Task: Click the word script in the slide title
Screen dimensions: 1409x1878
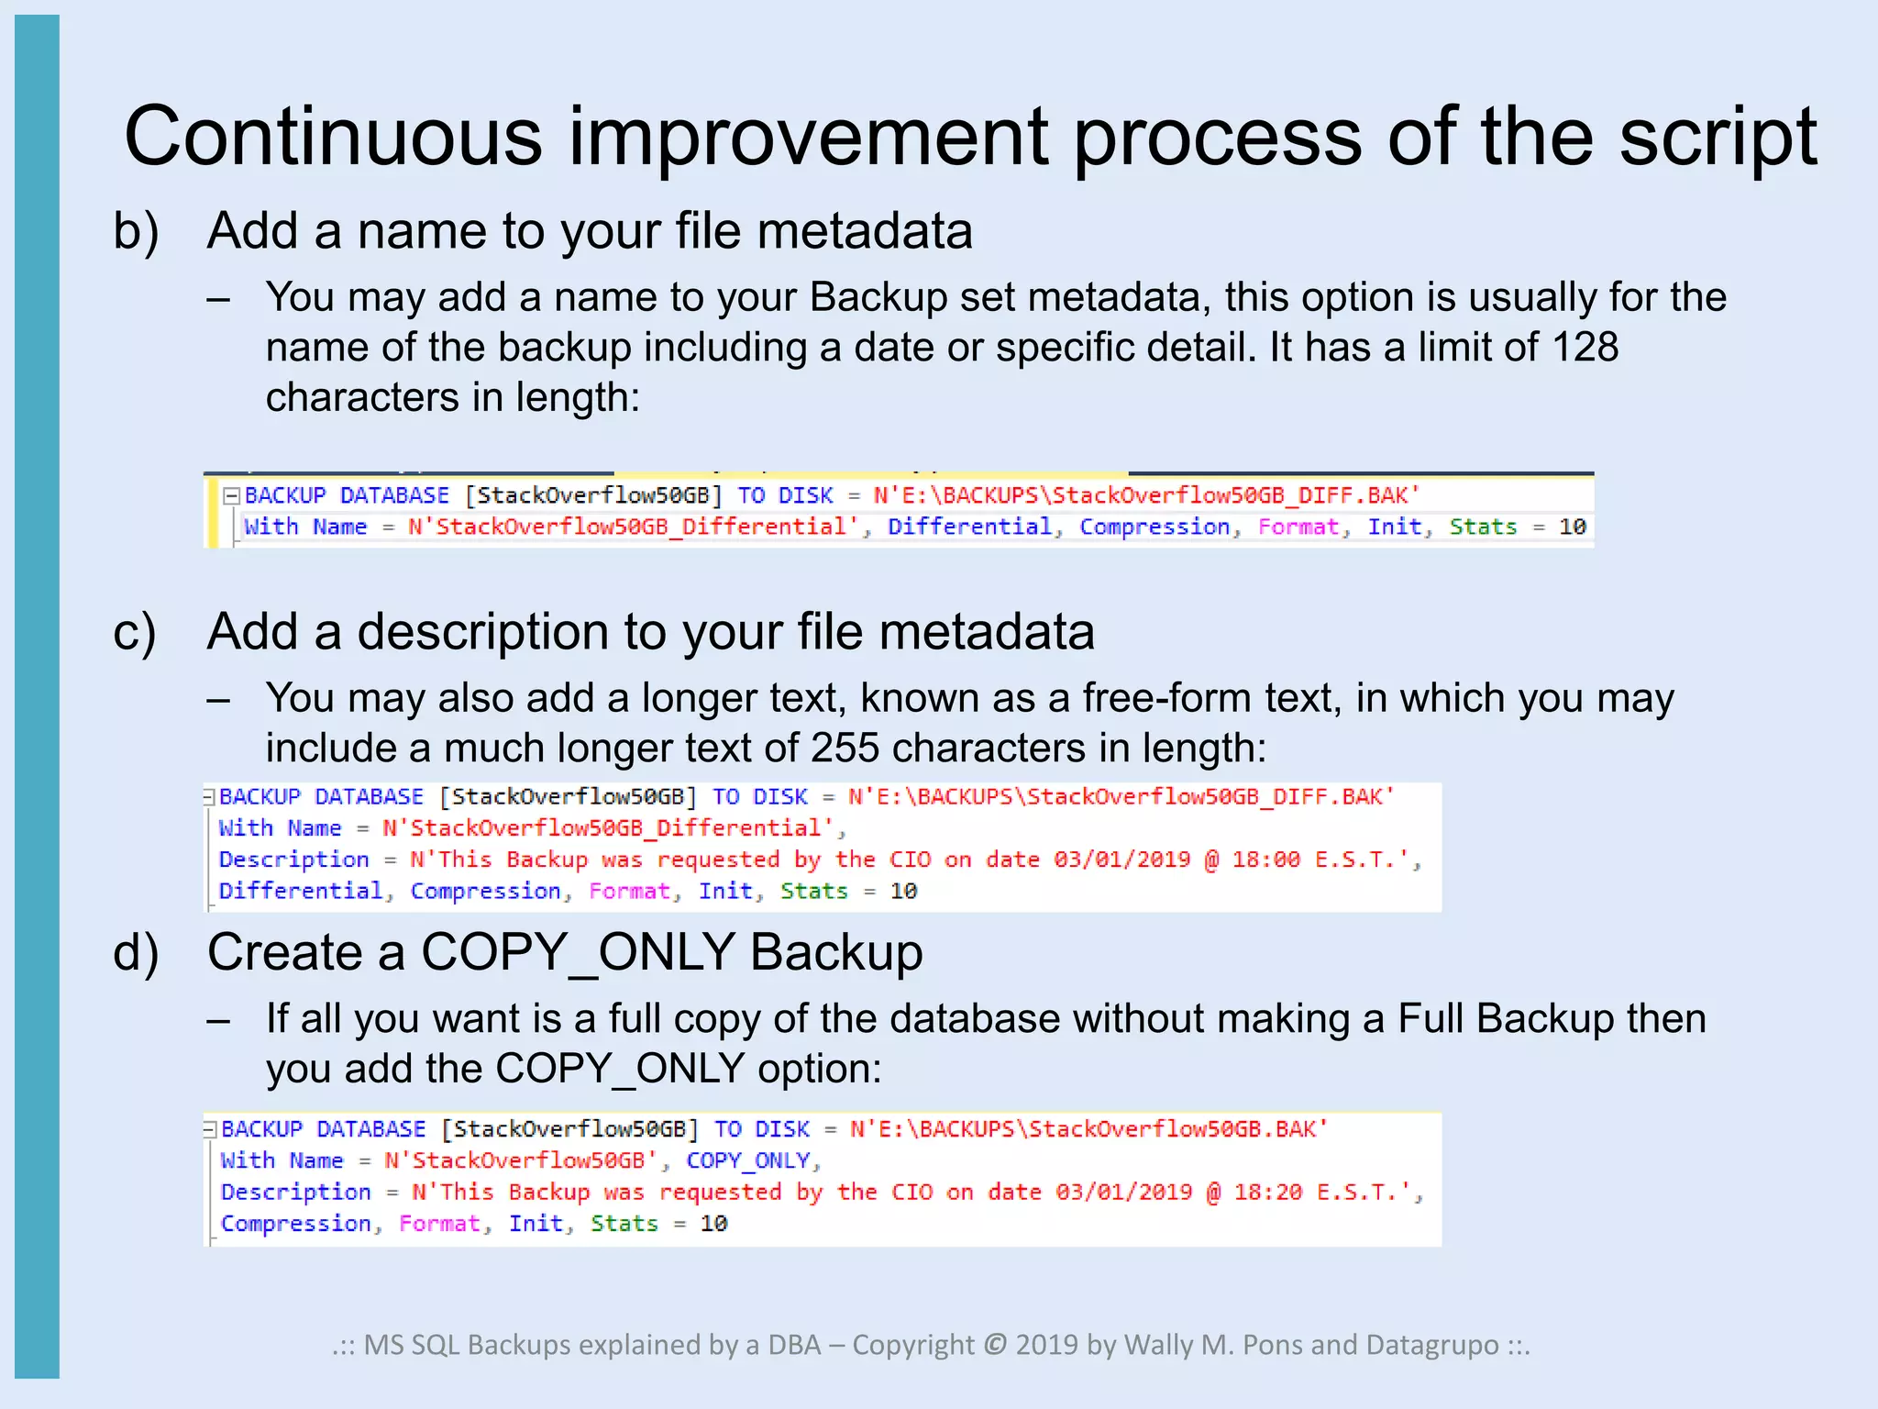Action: pos(1718,138)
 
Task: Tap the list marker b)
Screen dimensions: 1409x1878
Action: pos(136,231)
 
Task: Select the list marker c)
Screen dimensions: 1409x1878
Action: pos(135,633)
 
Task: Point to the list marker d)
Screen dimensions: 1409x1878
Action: pos(136,953)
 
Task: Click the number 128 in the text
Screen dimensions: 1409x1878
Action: pos(1585,348)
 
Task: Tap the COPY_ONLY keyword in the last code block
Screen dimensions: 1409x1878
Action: pos(748,1161)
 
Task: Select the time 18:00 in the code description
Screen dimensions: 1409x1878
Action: pos(1265,860)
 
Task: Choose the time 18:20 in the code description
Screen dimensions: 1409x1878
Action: pos(1267,1193)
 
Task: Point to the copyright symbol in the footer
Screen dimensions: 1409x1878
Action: pos(995,1346)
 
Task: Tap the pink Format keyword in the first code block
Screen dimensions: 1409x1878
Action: pos(1298,527)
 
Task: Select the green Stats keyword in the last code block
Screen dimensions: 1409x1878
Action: pos(624,1224)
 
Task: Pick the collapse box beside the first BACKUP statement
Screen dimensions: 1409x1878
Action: pos(231,496)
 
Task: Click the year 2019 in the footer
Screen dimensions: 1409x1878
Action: pos(1047,1346)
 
